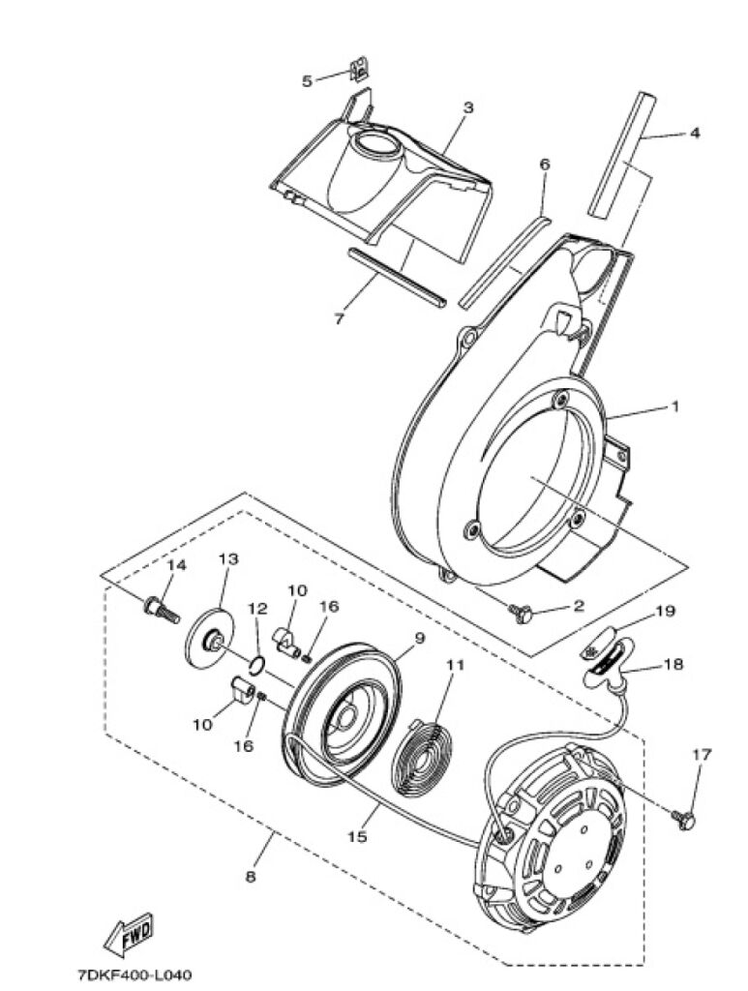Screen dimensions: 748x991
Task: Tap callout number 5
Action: (x=307, y=81)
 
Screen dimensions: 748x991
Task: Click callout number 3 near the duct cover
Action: (x=468, y=107)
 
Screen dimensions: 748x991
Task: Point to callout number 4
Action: (x=695, y=134)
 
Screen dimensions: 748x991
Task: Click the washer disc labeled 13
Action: (x=210, y=638)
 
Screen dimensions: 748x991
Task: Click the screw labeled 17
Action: (x=683, y=819)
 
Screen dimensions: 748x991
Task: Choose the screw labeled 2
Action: (x=522, y=613)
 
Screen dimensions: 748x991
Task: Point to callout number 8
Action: (x=251, y=877)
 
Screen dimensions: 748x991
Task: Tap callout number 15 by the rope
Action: (x=357, y=836)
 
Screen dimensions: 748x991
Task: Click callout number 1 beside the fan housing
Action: (x=674, y=406)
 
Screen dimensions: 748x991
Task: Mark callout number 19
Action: (x=665, y=612)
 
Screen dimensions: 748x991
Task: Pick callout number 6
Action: (x=545, y=165)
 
